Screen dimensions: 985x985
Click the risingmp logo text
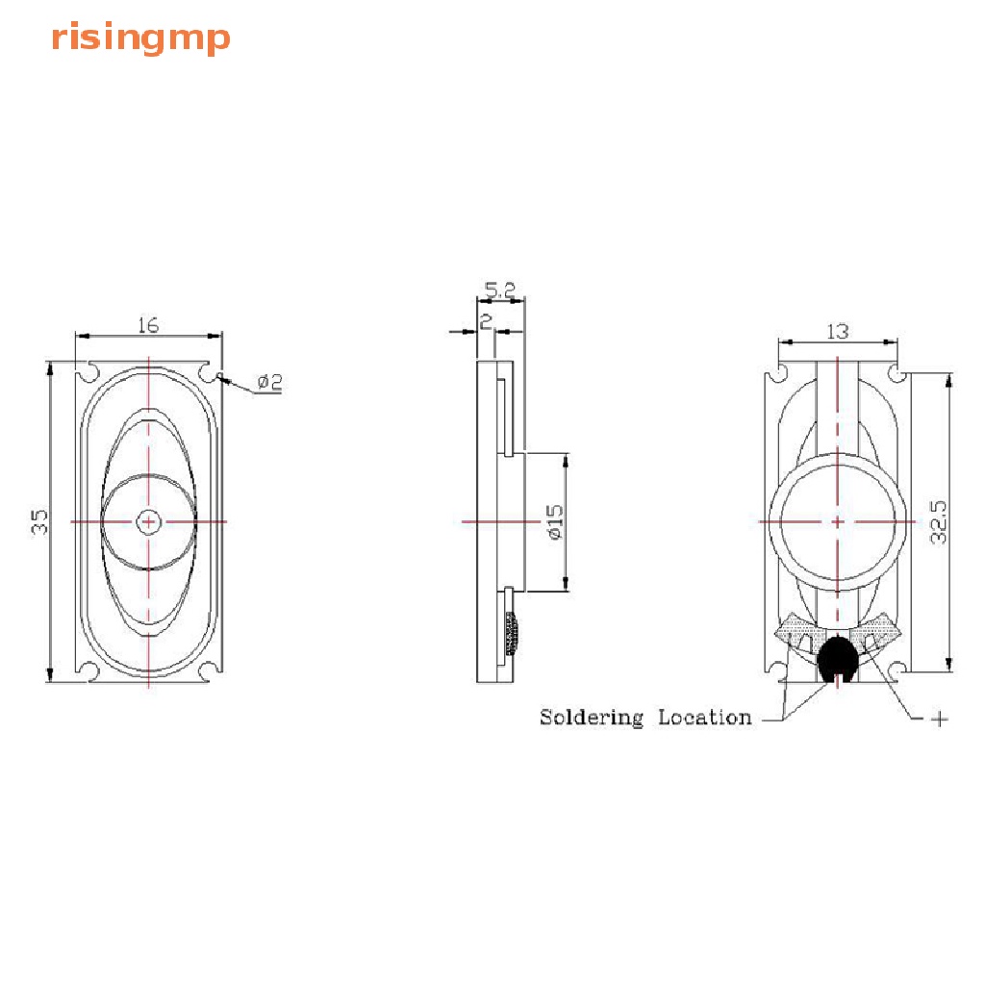(140, 38)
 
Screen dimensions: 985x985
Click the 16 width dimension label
(148, 325)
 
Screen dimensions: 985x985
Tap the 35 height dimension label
(38, 522)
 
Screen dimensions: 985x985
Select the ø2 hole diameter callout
(270, 381)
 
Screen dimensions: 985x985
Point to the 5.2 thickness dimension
(500, 290)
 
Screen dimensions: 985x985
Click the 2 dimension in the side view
(486, 321)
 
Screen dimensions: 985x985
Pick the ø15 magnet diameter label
(555, 522)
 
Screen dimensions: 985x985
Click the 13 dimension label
(838, 331)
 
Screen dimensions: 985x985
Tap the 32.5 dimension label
(938, 522)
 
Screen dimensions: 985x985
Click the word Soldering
(592, 718)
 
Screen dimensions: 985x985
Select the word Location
(705, 717)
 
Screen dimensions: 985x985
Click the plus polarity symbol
(939, 719)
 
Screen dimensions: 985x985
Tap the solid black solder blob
(837, 660)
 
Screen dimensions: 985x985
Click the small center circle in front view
(149, 521)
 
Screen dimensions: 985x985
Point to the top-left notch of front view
(88, 372)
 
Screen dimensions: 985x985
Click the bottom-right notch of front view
(210, 670)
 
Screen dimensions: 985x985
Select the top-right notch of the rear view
(897, 374)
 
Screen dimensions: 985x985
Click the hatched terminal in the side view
(512, 633)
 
